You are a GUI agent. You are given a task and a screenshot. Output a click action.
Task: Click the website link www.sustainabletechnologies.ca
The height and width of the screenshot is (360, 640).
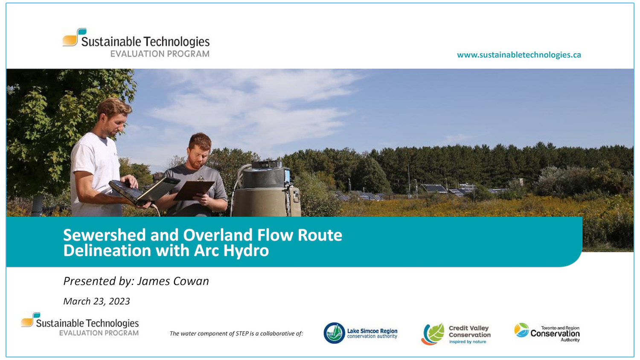point(519,55)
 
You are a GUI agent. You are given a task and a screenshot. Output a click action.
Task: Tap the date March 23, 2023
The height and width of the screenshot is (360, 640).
point(96,302)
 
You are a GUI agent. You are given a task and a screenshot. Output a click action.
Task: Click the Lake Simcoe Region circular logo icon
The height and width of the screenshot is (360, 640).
point(334,333)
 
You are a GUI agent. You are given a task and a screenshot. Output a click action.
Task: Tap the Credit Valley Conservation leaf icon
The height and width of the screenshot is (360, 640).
point(433,334)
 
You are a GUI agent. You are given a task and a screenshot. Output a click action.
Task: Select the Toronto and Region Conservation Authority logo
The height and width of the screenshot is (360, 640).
point(547,333)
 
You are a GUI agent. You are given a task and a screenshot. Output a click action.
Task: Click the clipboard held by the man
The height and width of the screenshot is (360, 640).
point(193,190)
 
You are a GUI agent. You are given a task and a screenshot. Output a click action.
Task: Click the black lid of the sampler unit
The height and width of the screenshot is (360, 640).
point(267,164)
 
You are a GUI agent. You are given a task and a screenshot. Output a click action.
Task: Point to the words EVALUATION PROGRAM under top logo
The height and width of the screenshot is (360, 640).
point(160,54)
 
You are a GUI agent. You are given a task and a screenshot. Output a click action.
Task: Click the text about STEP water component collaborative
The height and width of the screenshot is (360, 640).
point(236,334)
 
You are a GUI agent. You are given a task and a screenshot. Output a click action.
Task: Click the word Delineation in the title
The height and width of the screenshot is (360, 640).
point(107,251)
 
